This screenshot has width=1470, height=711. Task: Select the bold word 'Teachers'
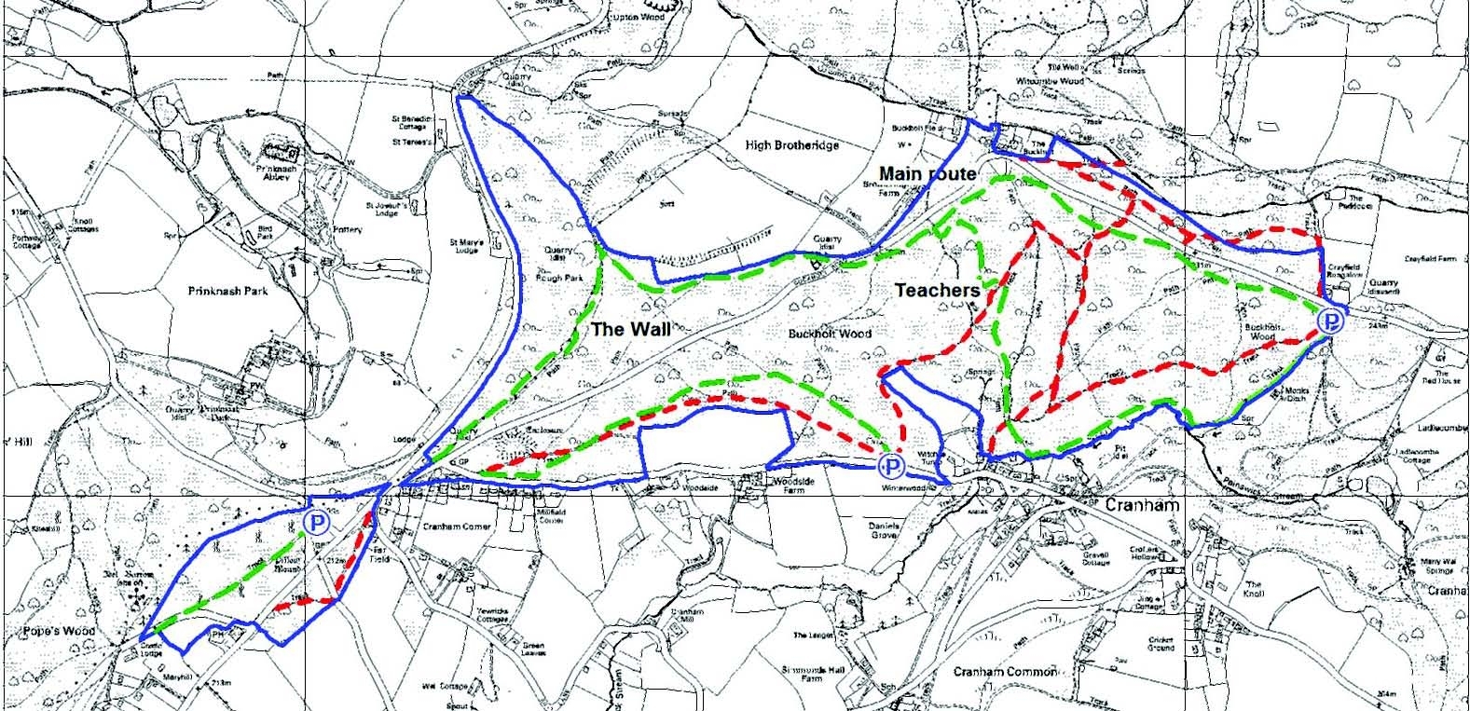coord(937,291)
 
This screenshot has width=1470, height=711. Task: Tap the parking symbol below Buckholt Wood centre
coord(891,466)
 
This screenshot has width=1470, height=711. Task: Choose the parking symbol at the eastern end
coord(1332,321)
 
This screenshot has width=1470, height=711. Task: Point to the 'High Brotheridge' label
coord(792,145)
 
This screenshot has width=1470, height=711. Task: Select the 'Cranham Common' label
coord(1005,671)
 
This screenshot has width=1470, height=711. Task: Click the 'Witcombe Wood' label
coord(1051,81)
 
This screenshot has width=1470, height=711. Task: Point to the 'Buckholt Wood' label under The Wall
coord(828,334)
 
